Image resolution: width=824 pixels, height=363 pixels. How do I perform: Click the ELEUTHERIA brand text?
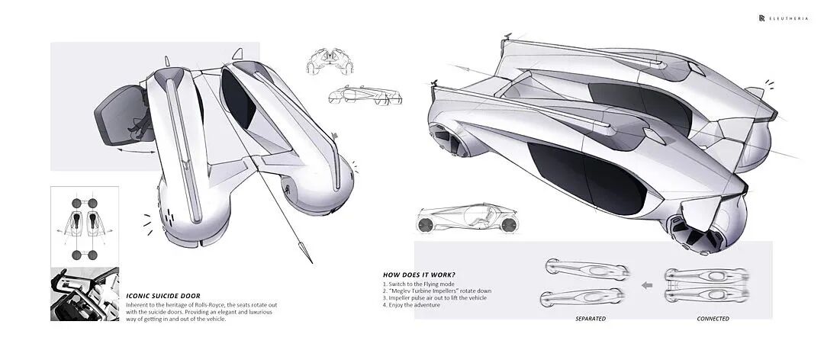pyautogui.click(x=786, y=18)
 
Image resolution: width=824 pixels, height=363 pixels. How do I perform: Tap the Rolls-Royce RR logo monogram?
pyautogui.click(x=761, y=18)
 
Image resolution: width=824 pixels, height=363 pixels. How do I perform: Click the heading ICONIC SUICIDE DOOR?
pyautogui.click(x=163, y=296)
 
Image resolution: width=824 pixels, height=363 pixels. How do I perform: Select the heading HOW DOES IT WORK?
pyautogui.click(x=419, y=275)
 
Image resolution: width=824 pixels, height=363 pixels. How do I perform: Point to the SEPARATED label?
pyautogui.click(x=590, y=318)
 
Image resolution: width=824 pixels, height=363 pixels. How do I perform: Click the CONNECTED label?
pyautogui.click(x=713, y=318)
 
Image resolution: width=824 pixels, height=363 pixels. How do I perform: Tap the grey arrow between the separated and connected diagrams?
pyautogui.click(x=647, y=285)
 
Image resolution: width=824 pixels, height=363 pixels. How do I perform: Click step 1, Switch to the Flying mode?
pyautogui.click(x=419, y=284)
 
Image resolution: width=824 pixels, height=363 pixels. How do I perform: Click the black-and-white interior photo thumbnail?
pyautogui.click(x=85, y=294)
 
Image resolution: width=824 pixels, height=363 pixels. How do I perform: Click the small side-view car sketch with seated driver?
pyautogui.click(x=467, y=218)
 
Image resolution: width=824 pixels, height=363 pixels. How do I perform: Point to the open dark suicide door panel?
pyautogui.click(x=120, y=114)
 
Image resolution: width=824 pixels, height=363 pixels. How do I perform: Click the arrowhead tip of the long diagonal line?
pyautogui.click(x=311, y=262)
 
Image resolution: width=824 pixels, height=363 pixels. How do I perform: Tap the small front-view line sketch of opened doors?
pyautogui.click(x=330, y=62)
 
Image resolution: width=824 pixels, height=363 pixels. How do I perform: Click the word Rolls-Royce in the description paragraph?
pyautogui.click(x=199, y=305)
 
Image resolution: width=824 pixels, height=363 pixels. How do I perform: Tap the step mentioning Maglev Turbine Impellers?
pyautogui.click(x=437, y=291)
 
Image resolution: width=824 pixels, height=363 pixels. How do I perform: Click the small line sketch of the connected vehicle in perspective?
pyautogui.click(x=365, y=95)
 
